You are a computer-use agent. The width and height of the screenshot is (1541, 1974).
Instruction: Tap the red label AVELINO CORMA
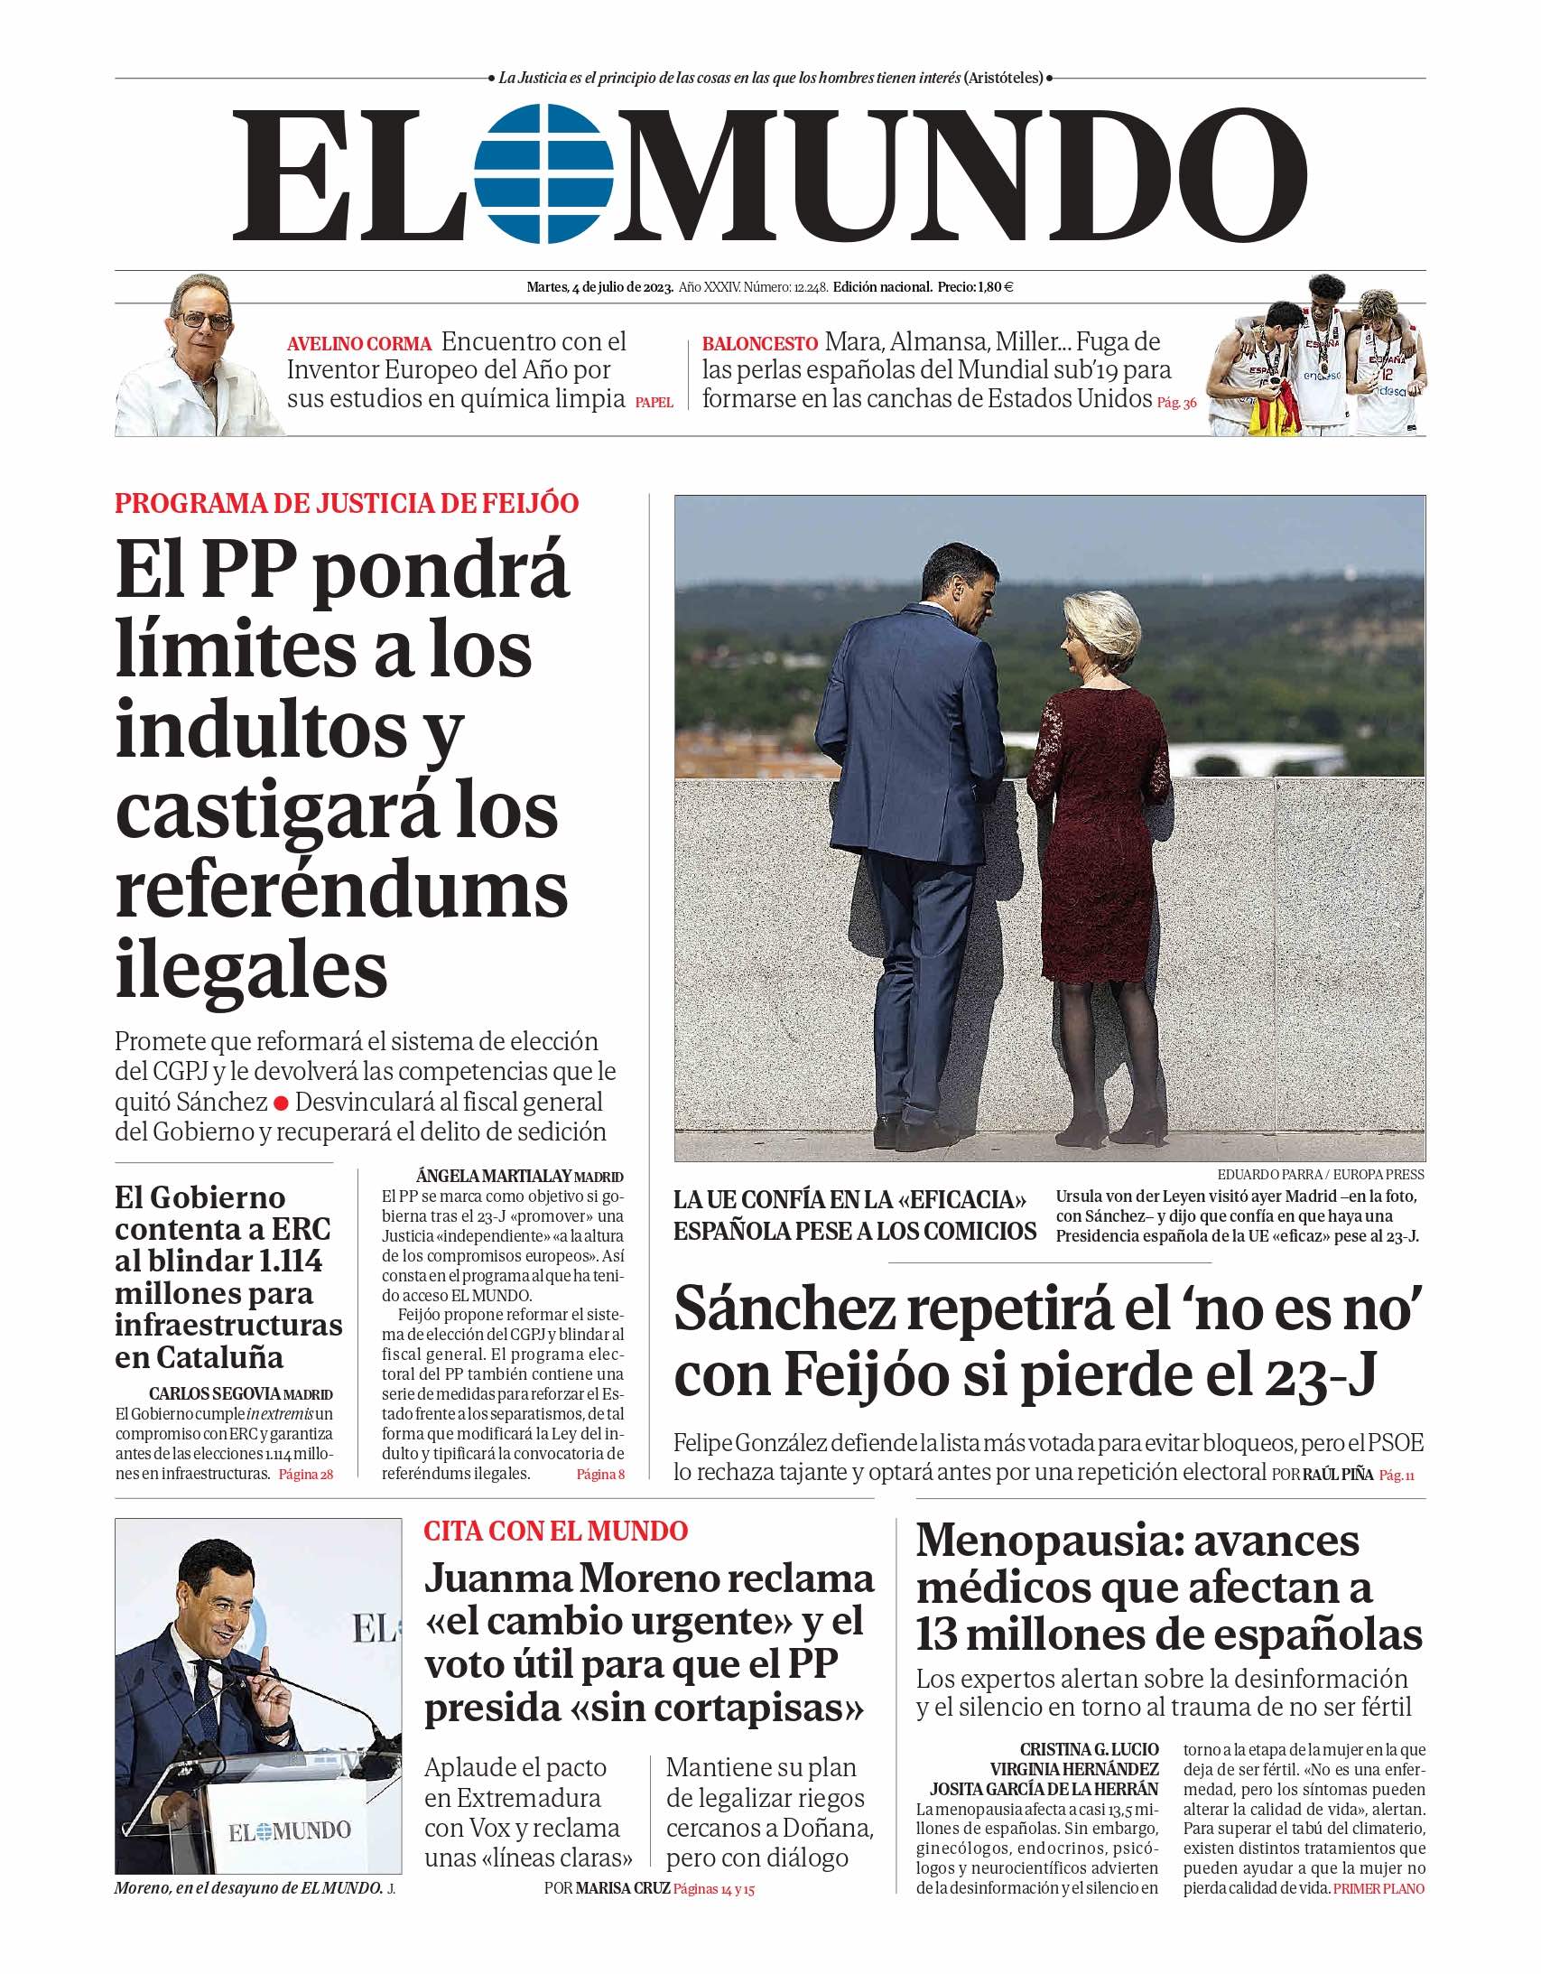(358, 344)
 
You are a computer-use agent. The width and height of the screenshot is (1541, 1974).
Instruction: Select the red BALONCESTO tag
(759, 344)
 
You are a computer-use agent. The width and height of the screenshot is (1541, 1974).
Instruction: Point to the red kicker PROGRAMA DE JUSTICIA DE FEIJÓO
(347, 504)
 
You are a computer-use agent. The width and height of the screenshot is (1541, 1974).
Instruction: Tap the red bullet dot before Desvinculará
(281, 1103)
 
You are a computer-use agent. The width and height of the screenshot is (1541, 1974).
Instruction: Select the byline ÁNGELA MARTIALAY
(494, 1176)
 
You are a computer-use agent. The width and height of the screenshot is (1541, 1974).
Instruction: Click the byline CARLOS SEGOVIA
(215, 1393)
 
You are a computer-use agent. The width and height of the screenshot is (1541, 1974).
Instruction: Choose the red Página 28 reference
(305, 1474)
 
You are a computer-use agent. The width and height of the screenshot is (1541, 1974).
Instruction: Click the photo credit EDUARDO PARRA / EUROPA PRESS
(1320, 1175)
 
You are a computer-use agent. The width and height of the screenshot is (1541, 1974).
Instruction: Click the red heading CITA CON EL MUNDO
(556, 1531)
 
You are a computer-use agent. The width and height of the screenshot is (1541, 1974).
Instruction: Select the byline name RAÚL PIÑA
(1338, 1474)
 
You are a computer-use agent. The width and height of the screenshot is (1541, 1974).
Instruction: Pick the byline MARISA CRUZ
(623, 1888)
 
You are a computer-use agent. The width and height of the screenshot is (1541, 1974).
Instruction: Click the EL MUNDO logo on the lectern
(289, 1832)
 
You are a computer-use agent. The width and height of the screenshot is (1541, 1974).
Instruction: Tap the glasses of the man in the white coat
(206, 320)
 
